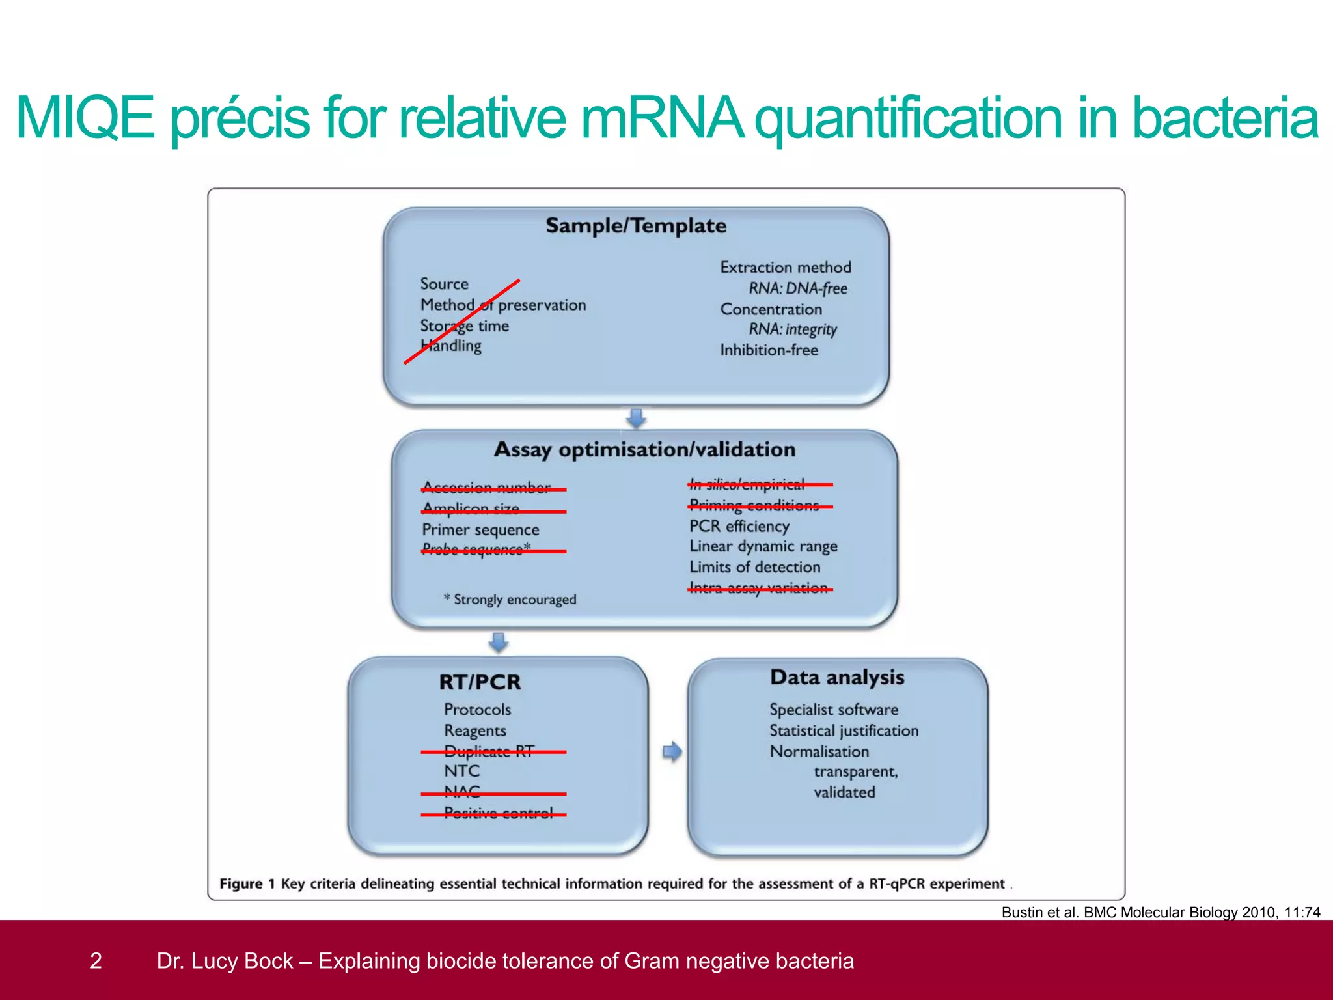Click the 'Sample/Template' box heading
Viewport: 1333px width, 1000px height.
click(636, 226)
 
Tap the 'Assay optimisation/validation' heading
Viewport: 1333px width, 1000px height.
click(644, 449)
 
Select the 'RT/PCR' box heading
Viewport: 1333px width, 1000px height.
click(480, 682)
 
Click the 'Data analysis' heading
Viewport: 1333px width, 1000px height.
click(837, 677)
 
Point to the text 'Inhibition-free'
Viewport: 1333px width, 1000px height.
click(769, 350)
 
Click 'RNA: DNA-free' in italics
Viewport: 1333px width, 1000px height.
click(797, 288)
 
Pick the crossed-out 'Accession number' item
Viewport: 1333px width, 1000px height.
click(486, 488)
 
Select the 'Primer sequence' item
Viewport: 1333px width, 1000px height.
click(480, 530)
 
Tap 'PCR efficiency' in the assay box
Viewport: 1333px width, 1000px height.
click(739, 526)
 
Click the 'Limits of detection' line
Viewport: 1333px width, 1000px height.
click(755, 567)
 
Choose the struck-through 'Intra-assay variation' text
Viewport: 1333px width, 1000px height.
click(758, 589)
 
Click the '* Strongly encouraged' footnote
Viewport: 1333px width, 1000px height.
click(510, 600)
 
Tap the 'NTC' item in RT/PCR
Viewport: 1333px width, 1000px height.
click(461, 771)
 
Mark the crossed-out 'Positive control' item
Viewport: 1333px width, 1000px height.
click(498, 813)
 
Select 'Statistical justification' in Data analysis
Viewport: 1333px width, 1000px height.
click(844, 730)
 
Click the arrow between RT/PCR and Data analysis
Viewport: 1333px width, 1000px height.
click(672, 752)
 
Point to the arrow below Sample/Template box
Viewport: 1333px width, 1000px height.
click(636, 417)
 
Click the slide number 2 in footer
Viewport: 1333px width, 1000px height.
click(96, 961)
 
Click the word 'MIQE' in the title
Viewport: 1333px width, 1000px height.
click(85, 118)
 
